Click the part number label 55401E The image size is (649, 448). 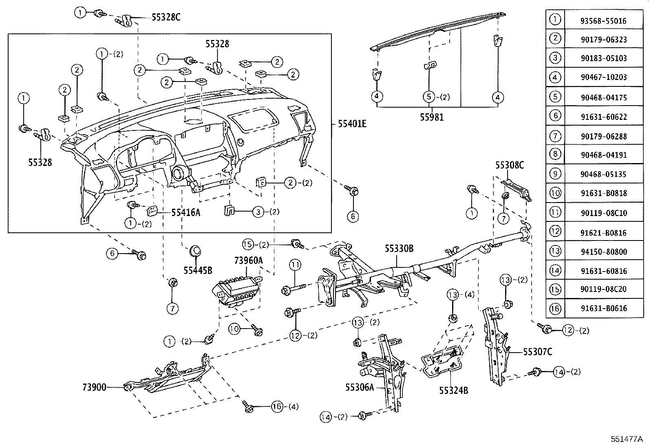click(352, 124)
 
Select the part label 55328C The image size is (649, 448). click(166, 17)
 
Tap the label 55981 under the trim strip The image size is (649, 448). click(432, 117)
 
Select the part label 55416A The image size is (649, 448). click(185, 212)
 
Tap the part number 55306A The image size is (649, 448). click(360, 387)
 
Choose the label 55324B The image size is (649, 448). click(453, 390)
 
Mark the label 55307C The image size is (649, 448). click(537, 351)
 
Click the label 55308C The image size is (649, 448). click(510, 165)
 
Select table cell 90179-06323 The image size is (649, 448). click(604, 40)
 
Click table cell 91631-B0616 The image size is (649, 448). click(604, 309)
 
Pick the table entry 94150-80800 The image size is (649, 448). click(604, 252)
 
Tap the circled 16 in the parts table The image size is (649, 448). click(555, 309)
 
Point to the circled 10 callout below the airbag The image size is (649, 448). click(235, 329)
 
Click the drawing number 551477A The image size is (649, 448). click(626, 439)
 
